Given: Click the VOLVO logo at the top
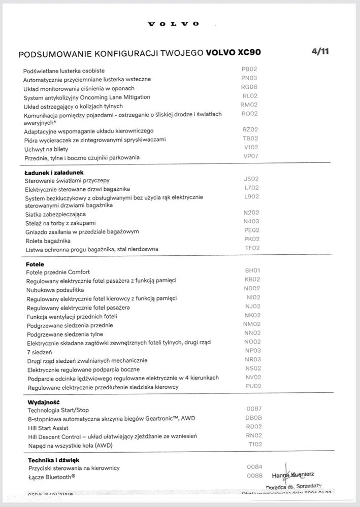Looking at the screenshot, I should coord(173,24).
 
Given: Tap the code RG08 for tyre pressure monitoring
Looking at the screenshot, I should coord(249,87).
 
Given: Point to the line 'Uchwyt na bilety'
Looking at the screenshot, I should coord(46,149).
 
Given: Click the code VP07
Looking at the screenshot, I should coord(250,156).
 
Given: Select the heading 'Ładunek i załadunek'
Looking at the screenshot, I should coord(54,172).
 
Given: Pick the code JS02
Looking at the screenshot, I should coord(251,179).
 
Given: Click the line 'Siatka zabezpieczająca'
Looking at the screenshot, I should coord(56,215).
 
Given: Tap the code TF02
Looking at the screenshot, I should coord(252,248).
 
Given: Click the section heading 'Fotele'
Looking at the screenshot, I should coord(35,264).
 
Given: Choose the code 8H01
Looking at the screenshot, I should coord(252,271).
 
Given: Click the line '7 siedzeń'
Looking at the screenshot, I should coord(40,352).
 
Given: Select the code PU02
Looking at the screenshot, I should coord(253,386).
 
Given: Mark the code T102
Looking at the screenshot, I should coord(255,444).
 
